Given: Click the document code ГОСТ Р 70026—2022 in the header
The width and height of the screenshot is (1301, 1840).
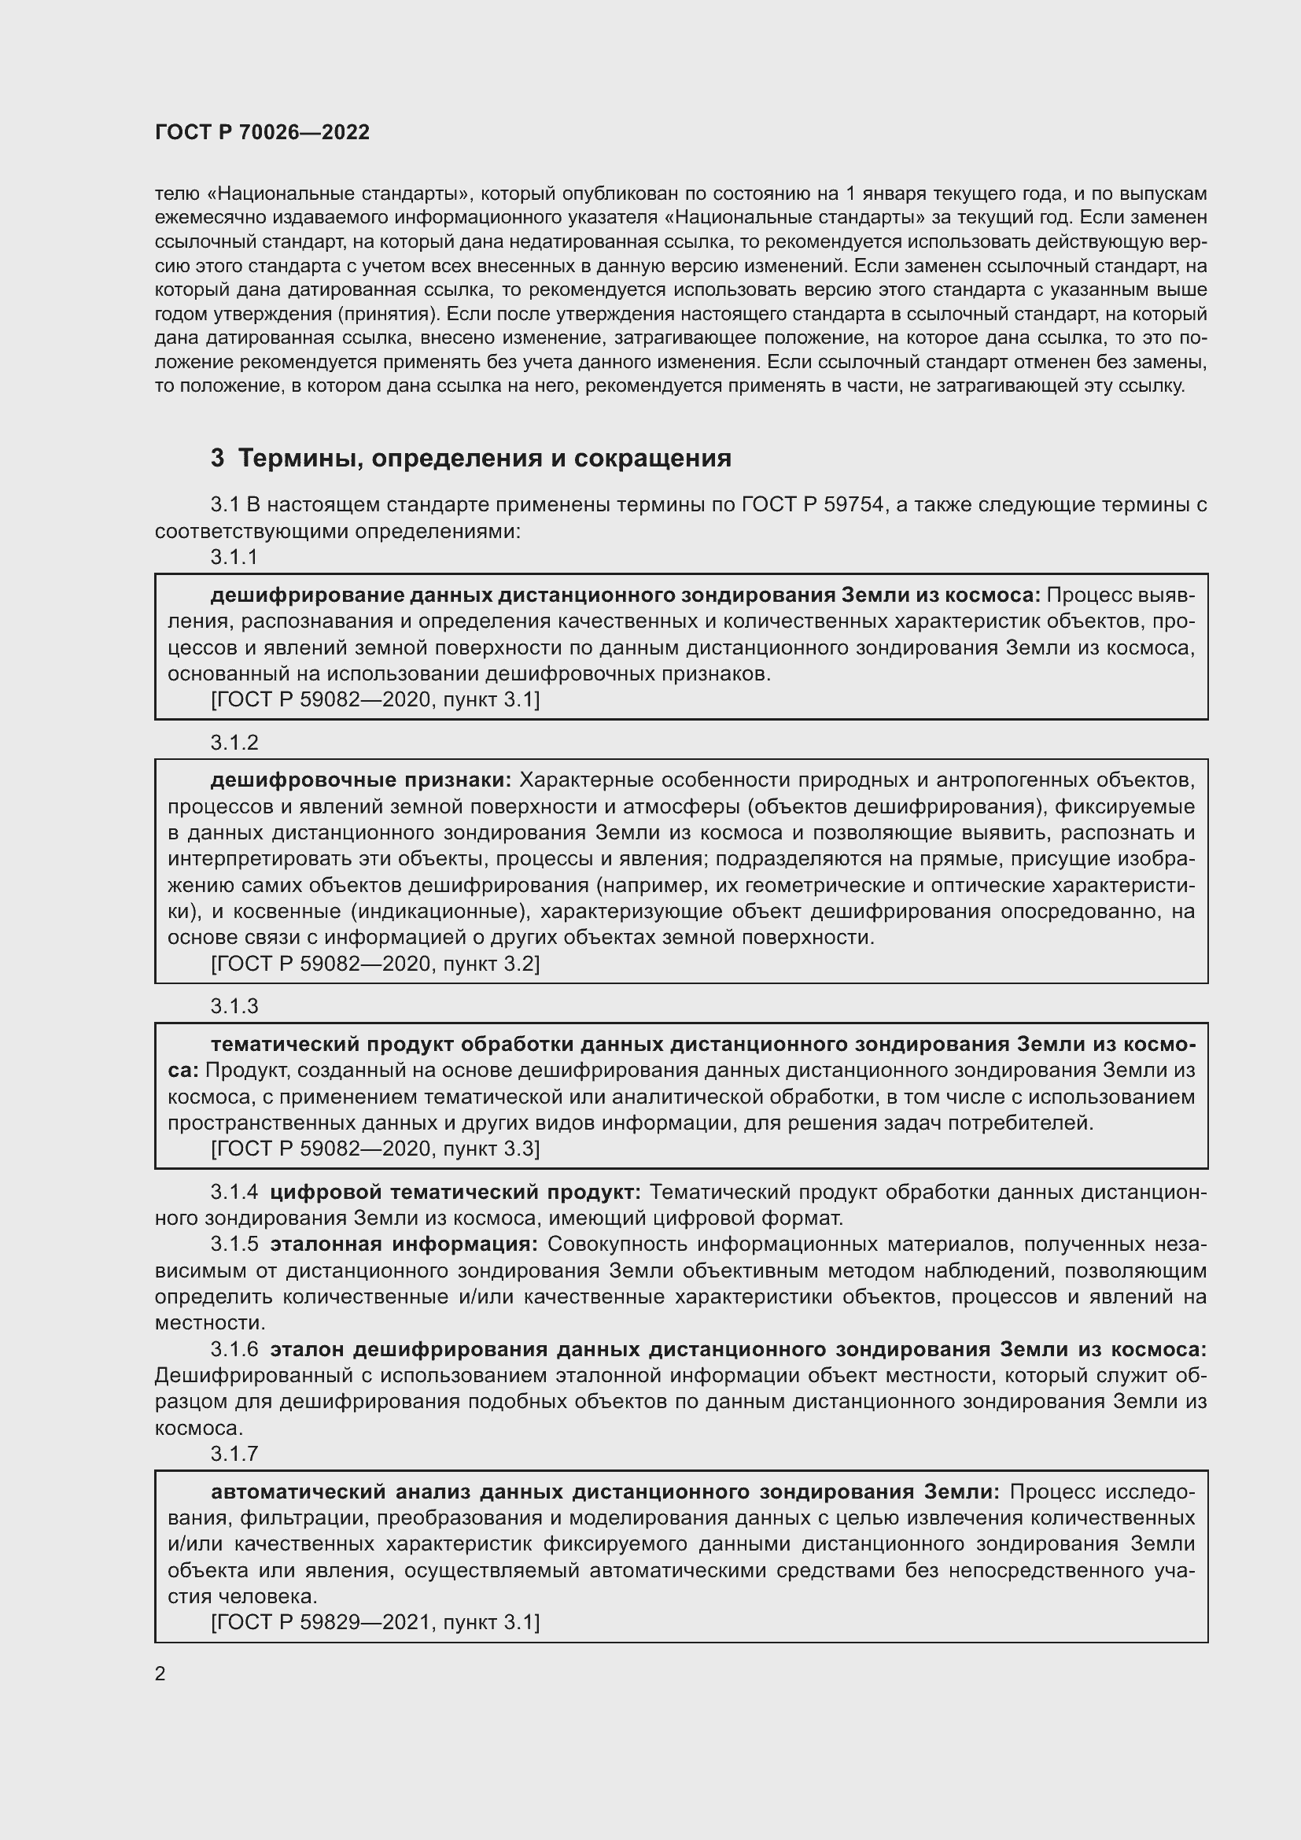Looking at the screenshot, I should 262,133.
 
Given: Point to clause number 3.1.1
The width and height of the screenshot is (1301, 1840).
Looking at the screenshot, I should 234,558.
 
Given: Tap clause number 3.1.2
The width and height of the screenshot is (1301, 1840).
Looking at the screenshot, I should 234,743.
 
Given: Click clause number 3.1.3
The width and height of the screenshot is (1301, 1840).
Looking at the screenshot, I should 234,1007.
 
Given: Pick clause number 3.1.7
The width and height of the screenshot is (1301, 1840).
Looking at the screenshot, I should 234,1454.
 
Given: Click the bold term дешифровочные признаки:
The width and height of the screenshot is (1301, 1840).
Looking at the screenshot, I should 360,780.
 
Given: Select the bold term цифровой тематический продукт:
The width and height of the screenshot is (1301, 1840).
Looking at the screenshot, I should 455,1193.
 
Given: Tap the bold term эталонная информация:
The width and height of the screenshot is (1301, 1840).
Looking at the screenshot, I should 404,1244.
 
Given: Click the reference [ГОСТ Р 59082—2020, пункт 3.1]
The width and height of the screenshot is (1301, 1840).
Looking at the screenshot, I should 375,700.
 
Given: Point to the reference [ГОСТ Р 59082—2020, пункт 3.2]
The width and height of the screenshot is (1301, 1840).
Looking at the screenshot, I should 375,964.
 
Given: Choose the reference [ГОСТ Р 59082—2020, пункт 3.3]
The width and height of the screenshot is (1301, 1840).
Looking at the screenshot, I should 375,1149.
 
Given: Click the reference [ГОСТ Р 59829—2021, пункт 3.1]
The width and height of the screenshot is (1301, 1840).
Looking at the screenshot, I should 375,1623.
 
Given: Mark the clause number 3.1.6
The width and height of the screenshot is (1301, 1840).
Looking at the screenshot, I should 234,1350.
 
